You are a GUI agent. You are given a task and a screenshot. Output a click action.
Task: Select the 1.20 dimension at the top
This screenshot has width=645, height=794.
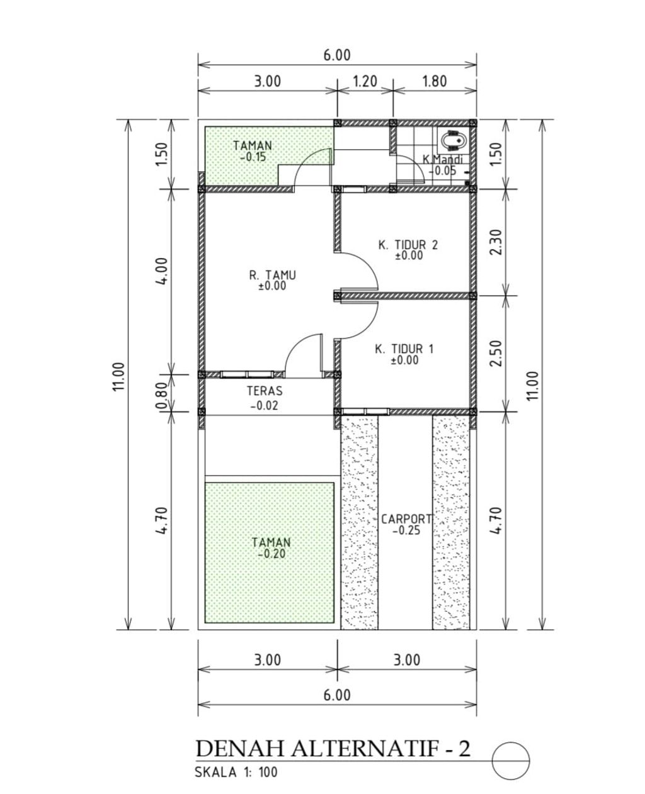[365, 81]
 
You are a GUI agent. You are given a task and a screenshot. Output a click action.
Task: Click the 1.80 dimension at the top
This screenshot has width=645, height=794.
[434, 81]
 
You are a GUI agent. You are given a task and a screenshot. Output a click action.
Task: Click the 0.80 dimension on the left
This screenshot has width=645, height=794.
[161, 394]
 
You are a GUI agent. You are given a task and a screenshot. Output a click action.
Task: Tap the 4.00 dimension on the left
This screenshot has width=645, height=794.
[161, 271]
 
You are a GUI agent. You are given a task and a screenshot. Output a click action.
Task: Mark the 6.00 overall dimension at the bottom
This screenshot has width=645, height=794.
[337, 695]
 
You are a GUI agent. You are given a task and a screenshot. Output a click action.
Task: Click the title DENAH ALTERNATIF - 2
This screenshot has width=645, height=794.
[333, 749]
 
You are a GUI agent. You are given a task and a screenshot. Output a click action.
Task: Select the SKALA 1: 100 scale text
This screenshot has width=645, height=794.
[236, 772]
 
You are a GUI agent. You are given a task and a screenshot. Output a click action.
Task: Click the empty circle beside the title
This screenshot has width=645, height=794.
[510, 761]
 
